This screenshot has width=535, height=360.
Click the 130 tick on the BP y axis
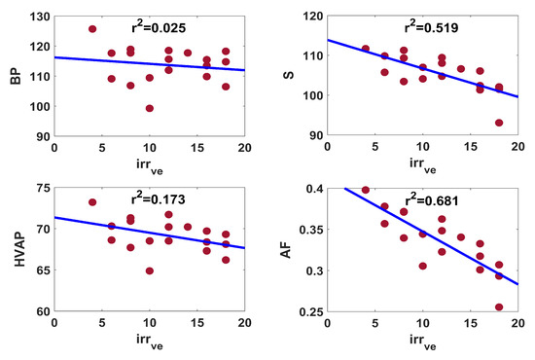(37, 17)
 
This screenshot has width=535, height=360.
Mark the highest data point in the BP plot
(92, 29)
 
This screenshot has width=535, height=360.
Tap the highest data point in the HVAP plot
(92, 202)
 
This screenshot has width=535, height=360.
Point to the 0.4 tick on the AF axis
(314, 189)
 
